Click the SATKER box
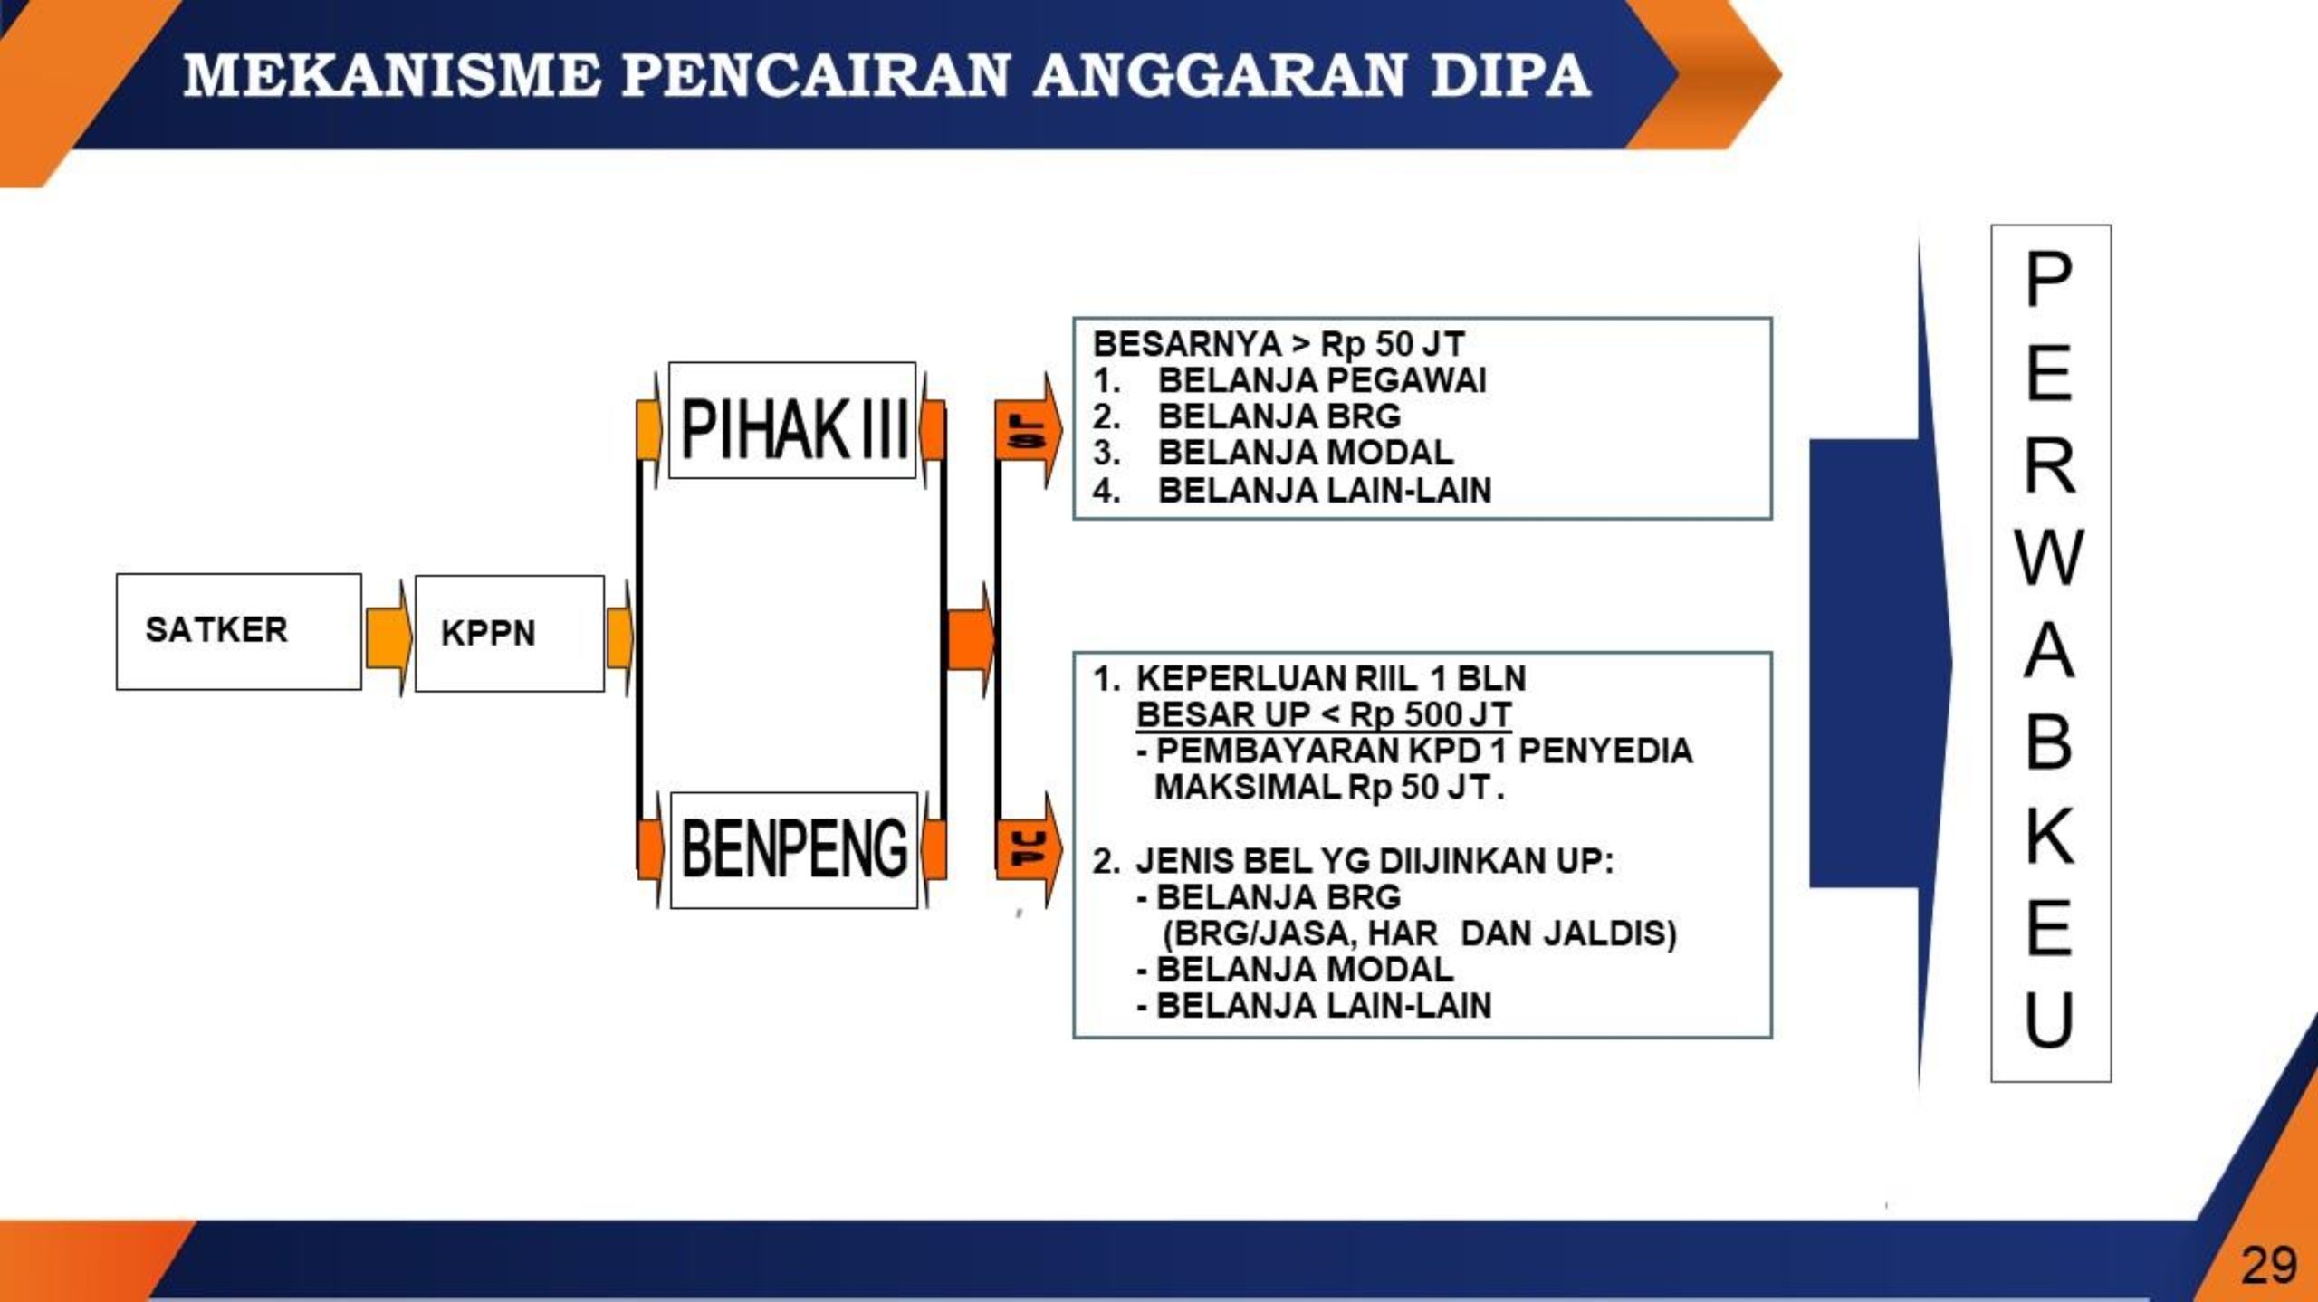coord(239,631)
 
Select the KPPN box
coord(510,633)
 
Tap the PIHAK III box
coord(792,420)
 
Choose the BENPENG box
coord(794,850)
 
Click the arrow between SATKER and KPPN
coord(388,637)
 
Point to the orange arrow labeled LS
coord(1028,431)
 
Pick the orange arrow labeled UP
coord(1029,849)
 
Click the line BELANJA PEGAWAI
coord(1322,380)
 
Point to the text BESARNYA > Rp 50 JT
coord(1279,344)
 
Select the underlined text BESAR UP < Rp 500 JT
coord(1324,714)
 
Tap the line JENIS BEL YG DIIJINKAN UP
coord(1375,860)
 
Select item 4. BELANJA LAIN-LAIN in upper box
coord(1292,490)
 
